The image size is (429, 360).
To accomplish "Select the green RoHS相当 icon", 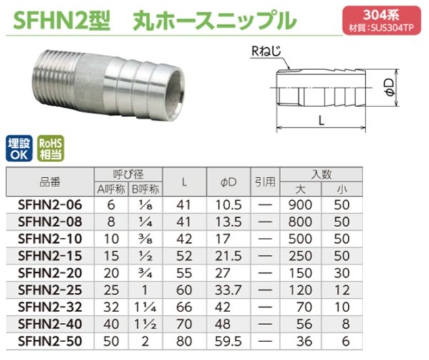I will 48,146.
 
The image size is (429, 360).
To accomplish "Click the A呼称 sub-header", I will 110,189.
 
